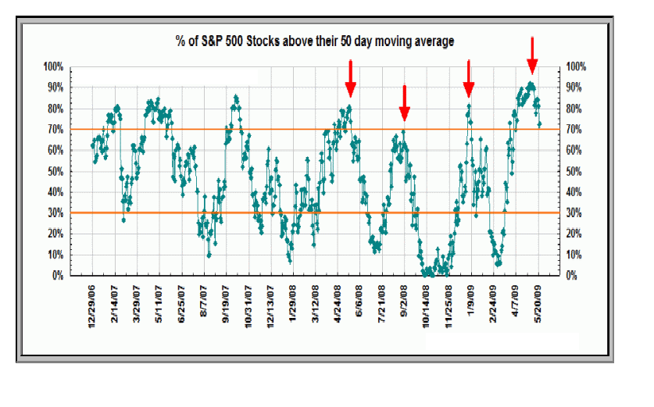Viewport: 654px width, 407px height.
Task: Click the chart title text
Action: tap(315, 41)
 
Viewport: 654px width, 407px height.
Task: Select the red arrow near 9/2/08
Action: tap(404, 100)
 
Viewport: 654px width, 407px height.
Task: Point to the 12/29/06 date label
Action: tap(92, 305)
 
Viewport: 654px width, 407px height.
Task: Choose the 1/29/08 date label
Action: tap(293, 304)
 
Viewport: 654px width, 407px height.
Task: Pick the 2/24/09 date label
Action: tap(495, 304)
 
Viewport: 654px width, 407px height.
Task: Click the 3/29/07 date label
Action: tap(137, 304)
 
